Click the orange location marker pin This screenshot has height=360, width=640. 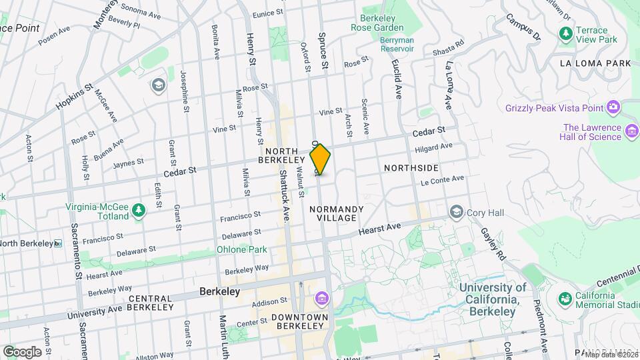tap(320, 159)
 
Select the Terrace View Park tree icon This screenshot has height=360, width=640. tap(566, 33)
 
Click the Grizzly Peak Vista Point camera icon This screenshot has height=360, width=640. tap(613, 107)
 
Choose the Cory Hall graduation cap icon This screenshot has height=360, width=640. tap(457, 212)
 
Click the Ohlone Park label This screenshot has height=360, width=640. tap(241, 249)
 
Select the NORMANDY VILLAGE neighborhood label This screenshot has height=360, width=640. tap(337, 213)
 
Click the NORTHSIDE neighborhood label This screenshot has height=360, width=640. tap(411, 169)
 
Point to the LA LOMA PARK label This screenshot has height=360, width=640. tap(595, 63)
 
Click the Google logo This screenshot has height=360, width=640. tap(21, 351)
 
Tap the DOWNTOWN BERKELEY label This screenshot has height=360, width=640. tap(303, 321)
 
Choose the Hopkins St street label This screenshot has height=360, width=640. tap(74, 97)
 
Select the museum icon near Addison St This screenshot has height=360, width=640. tap(323, 297)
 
